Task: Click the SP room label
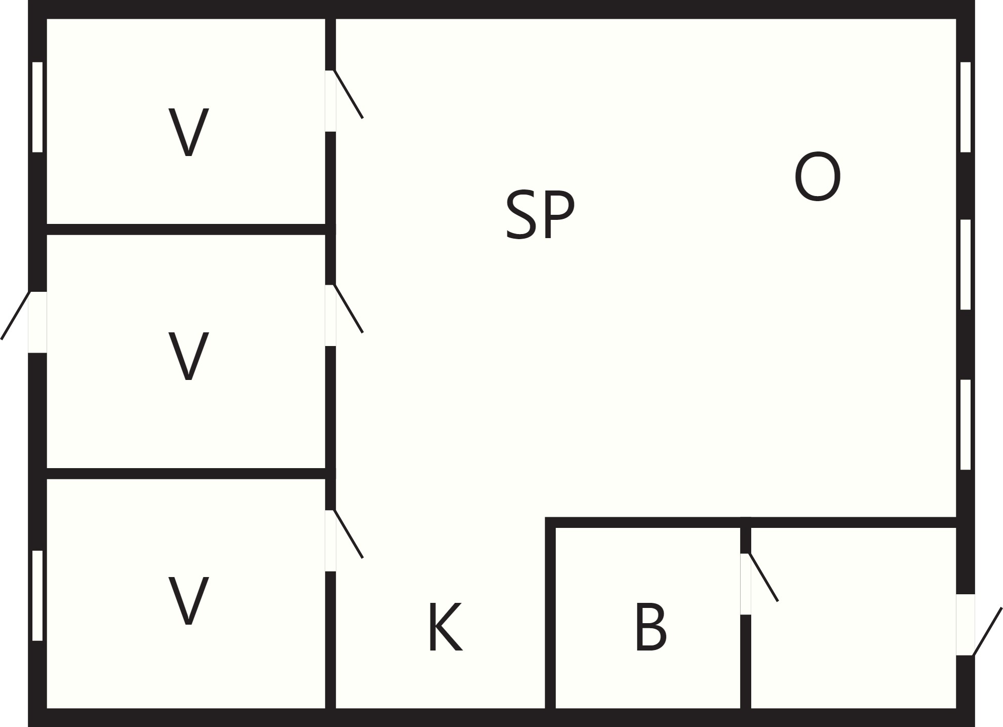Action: pyautogui.click(x=540, y=214)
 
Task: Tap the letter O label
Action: pyautogui.click(x=818, y=177)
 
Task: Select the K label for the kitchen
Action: pyautogui.click(x=445, y=627)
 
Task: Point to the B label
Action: pyautogui.click(x=651, y=627)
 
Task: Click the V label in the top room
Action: pyautogui.click(x=188, y=132)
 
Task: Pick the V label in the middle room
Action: pyautogui.click(x=188, y=356)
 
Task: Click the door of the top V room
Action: pyautogui.click(x=344, y=100)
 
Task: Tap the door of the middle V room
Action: pyautogui.click(x=344, y=315)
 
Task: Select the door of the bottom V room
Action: pyautogui.click(x=344, y=540)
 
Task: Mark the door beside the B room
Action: pyautogui.click(x=759, y=583)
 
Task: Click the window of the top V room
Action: pyautogui.click(x=37, y=107)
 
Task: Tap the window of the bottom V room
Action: pyautogui.click(x=37, y=595)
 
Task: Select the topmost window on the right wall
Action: pyautogui.click(x=966, y=107)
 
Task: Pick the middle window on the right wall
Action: pyautogui.click(x=966, y=264)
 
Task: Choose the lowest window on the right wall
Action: pyautogui.click(x=966, y=425)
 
